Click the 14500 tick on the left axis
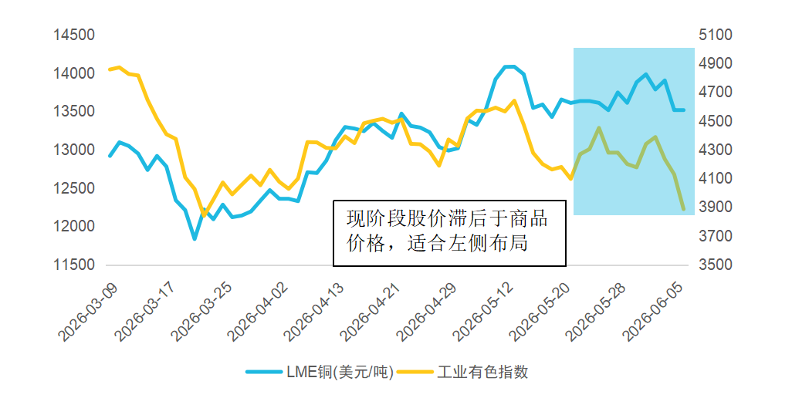click(74, 35)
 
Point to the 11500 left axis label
click(74, 265)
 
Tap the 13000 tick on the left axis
click(74, 150)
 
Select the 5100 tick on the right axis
click(716, 35)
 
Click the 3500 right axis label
click(716, 265)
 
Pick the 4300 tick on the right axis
click(716, 150)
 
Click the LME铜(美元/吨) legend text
click(340, 372)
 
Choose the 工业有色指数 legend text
click(482, 372)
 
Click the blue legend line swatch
click(264, 372)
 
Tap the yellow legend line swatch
click(415, 372)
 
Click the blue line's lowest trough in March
click(195, 238)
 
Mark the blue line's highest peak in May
click(509, 66)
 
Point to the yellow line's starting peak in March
click(119, 67)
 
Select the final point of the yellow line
click(684, 208)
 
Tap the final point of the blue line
click(684, 110)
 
